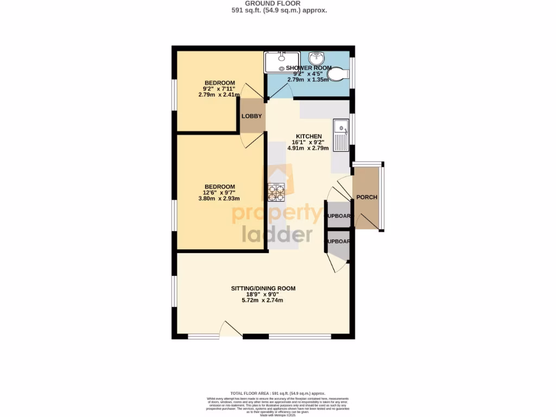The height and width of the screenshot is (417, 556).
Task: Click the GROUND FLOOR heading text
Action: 277,3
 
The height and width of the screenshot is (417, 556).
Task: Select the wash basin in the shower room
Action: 317,58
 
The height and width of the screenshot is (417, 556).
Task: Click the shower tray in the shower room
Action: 281,62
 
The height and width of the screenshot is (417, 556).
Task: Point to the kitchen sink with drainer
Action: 342,135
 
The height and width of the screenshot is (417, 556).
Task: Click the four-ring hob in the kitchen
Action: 276,193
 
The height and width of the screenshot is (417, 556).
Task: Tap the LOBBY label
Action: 251,116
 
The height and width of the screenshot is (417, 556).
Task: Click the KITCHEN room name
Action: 308,136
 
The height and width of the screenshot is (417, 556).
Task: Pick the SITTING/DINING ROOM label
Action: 263,288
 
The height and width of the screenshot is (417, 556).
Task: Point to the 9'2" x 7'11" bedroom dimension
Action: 219,89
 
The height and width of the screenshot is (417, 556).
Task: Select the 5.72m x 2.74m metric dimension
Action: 263,300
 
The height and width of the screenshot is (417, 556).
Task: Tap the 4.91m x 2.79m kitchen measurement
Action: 308,148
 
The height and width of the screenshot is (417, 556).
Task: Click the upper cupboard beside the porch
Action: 338,216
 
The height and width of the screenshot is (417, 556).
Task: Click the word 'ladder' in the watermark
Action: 277,233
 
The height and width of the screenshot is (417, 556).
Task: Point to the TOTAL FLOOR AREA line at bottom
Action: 277,393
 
